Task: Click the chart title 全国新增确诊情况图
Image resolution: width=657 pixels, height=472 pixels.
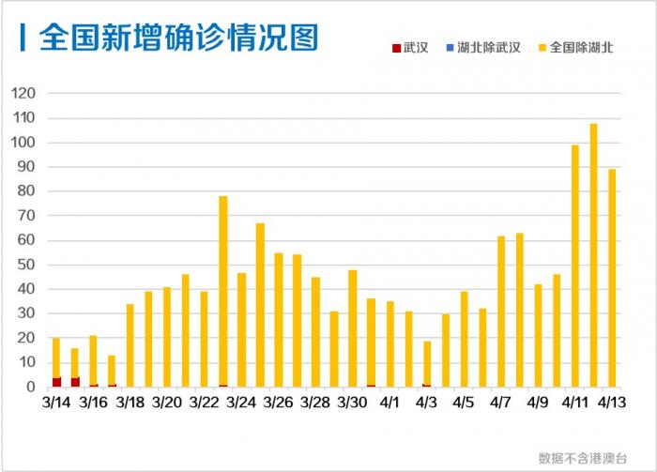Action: pos(178,37)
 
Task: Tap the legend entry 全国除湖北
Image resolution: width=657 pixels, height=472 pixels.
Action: pos(574,47)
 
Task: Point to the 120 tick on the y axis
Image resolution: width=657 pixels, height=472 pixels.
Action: pos(23,94)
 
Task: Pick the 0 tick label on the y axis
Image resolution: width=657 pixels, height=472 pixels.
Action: pos(30,387)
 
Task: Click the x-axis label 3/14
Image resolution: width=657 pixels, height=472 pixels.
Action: pos(56,403)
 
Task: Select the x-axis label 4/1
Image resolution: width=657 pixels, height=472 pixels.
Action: pos(390,403)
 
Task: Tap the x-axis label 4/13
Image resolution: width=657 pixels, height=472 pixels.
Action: pos(612,403)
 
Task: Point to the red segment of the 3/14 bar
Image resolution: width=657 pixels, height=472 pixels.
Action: pos(56,382)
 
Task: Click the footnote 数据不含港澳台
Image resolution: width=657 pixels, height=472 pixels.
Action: pos(582,458)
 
